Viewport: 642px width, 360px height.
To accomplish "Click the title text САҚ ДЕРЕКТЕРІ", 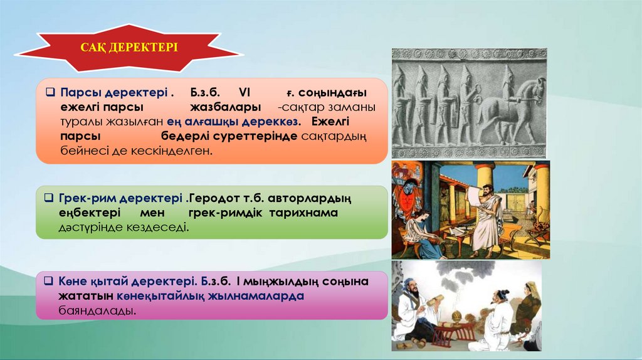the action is click(129, 47).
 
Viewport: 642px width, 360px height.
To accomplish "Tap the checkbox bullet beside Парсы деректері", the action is click(50, 92).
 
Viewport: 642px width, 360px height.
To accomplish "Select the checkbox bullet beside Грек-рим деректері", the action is click(49, 198).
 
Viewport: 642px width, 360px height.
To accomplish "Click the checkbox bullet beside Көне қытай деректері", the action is click(49, 281).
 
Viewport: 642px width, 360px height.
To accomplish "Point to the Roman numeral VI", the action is click(245, 92).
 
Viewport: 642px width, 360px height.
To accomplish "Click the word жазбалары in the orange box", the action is click(225, 107).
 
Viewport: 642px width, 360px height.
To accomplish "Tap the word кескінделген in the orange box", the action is click(172, 151).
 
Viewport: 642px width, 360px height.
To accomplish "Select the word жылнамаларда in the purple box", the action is click(256, 295).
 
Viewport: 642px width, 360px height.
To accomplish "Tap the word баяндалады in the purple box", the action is click(97, 310).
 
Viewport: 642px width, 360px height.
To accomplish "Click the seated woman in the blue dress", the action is click(419, 235).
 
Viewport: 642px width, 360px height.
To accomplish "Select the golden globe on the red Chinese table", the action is click(456, 316).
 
